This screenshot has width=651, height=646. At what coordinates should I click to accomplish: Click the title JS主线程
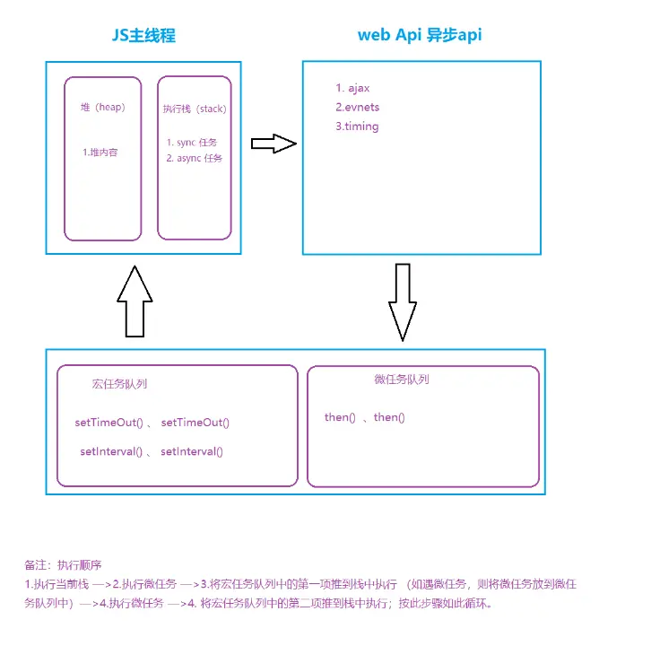point(143,37)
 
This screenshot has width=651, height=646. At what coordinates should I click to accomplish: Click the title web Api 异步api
point(421,36)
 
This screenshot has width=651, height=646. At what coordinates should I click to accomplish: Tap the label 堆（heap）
point(103,108)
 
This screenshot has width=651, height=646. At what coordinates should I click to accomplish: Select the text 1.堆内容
point(100,153)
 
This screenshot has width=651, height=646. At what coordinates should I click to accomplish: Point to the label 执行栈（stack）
point(195,109)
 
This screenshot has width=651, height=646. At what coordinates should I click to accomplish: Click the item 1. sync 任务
point(192,143)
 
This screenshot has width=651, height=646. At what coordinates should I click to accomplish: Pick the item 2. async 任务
point(195,159)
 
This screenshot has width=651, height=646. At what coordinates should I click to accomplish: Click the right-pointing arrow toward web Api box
point(273,144)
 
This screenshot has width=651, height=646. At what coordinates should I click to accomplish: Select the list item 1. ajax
point(352,88)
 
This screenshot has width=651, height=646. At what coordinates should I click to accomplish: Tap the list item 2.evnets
point(357,108)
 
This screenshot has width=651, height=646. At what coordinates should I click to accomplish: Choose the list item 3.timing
point(357,127)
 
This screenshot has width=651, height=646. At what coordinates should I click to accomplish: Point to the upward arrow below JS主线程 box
point(134,301)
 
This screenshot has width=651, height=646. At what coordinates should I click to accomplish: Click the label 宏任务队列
point(119,383)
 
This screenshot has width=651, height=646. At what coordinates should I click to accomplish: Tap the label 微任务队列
point(402,380)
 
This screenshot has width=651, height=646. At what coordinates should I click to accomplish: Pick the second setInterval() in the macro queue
point(192,451)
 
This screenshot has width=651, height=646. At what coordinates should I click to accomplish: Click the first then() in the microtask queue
point(340,417)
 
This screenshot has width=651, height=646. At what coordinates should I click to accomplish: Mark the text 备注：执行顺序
point(64,565)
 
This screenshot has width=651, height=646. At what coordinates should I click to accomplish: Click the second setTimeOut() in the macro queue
point(195,422)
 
